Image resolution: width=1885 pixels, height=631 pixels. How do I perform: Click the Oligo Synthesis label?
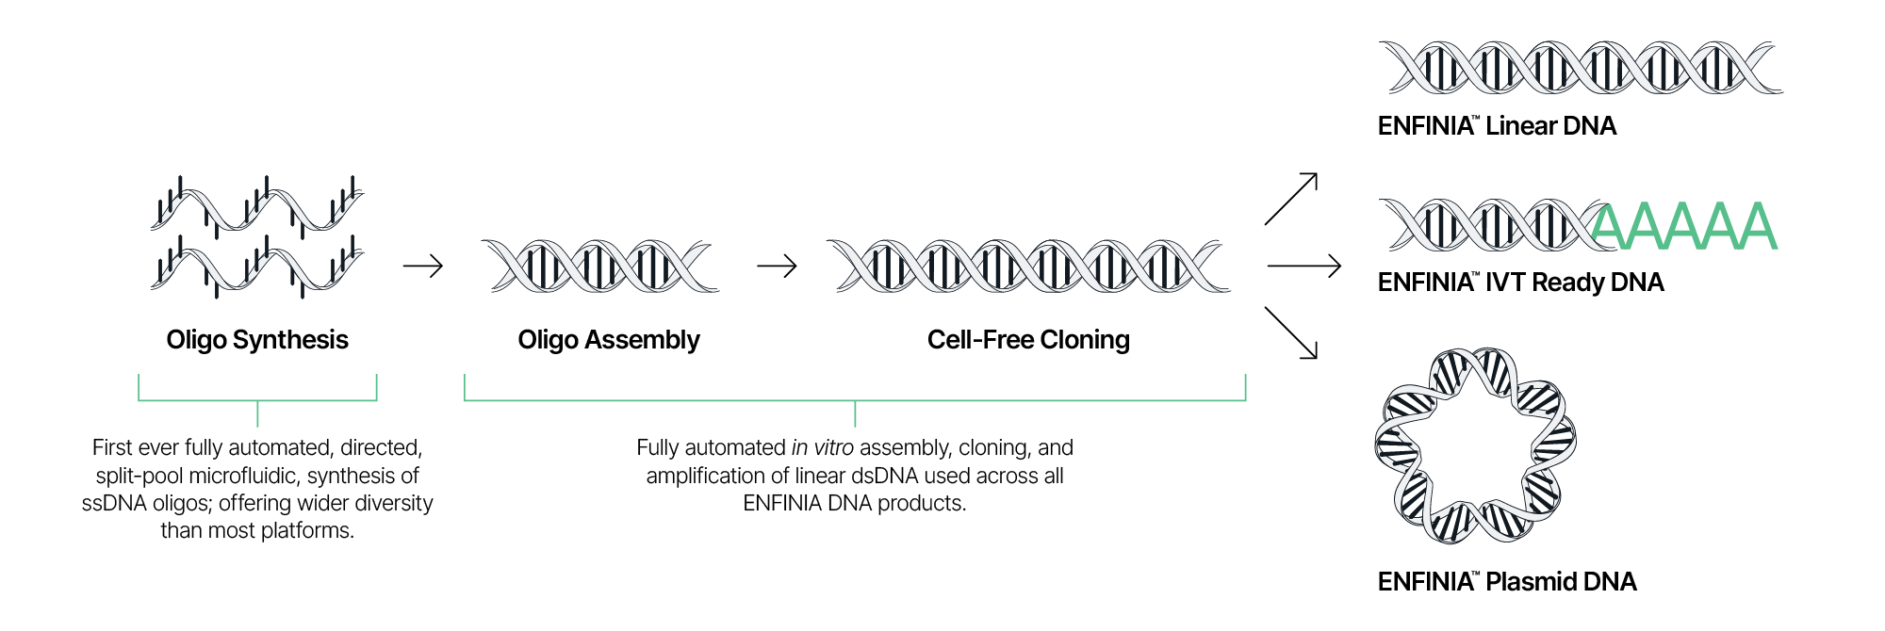coord(257,340)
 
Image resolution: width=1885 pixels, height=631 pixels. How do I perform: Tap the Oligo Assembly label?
coord(609,340)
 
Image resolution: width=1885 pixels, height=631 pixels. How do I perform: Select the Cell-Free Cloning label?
coord(1028,340)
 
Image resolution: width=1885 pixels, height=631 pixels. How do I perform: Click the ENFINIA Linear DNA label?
coord(1497,126)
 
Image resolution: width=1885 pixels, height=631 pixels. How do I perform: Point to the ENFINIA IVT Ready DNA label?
coord(1520,283)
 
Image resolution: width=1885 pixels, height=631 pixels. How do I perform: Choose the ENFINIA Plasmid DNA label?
coord(1507,582)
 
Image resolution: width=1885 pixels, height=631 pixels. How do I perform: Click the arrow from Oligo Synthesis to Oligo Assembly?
coord(423,267)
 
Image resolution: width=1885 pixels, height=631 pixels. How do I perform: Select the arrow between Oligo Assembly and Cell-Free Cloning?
coord(777,267)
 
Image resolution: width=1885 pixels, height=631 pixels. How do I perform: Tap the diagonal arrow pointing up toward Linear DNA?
coord(1291,199)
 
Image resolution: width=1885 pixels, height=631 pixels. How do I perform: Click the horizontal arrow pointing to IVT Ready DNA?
coord(1304,267)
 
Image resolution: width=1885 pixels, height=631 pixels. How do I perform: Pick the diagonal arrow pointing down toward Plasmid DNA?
coord(1291,332)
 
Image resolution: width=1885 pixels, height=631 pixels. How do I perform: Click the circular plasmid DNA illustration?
coord(1475,445)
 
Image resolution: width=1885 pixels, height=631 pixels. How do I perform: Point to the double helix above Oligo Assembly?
coord(599,267)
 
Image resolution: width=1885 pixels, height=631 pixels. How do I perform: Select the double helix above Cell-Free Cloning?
coord(1028,267)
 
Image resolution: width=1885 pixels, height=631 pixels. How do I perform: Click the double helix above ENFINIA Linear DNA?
coord(1581,68)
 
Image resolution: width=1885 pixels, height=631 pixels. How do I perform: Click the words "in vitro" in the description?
coord(823,448)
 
